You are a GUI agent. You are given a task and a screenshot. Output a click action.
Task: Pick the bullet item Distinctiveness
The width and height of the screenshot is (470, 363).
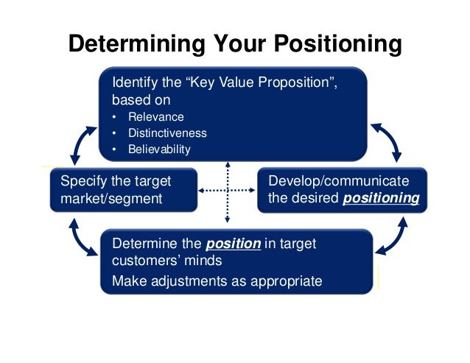pos(167,133)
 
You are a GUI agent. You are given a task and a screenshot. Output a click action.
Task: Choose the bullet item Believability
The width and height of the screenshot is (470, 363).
pos(159,149)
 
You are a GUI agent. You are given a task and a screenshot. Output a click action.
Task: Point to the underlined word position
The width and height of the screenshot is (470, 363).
pos(233,244)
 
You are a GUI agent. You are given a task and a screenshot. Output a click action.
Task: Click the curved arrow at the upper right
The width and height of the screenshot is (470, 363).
pos(387,142)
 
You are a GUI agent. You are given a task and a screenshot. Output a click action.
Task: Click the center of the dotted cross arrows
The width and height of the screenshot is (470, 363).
pos(228,191)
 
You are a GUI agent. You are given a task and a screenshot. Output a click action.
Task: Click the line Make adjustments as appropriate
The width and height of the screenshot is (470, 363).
pos(217,280)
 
